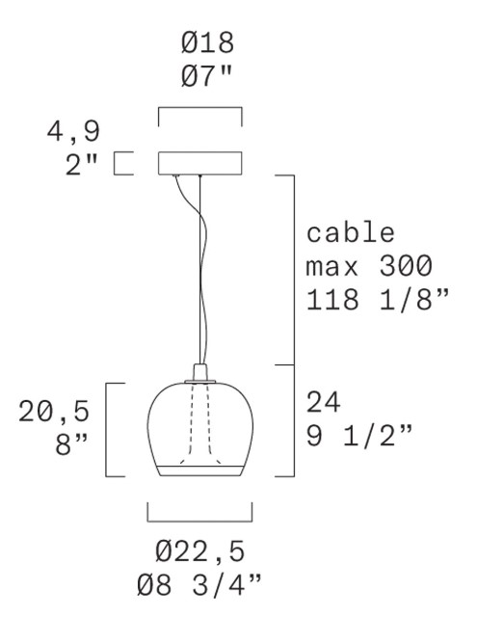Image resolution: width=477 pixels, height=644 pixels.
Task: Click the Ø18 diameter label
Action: [207, 42]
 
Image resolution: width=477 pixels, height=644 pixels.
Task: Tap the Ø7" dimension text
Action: [206, 76]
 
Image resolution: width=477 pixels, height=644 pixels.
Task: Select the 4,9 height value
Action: [73, 132]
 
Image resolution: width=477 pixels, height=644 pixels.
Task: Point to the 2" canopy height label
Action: [82, 165]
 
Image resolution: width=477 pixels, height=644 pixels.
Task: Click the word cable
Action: [351, 232]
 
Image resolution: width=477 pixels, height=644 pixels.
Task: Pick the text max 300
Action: [369, 266]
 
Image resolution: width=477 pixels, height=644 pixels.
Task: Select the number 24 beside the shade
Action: [324, 402]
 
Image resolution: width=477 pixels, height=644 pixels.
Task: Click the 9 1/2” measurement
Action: [359, 436]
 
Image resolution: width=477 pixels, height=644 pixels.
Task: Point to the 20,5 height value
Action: [54, 412]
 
